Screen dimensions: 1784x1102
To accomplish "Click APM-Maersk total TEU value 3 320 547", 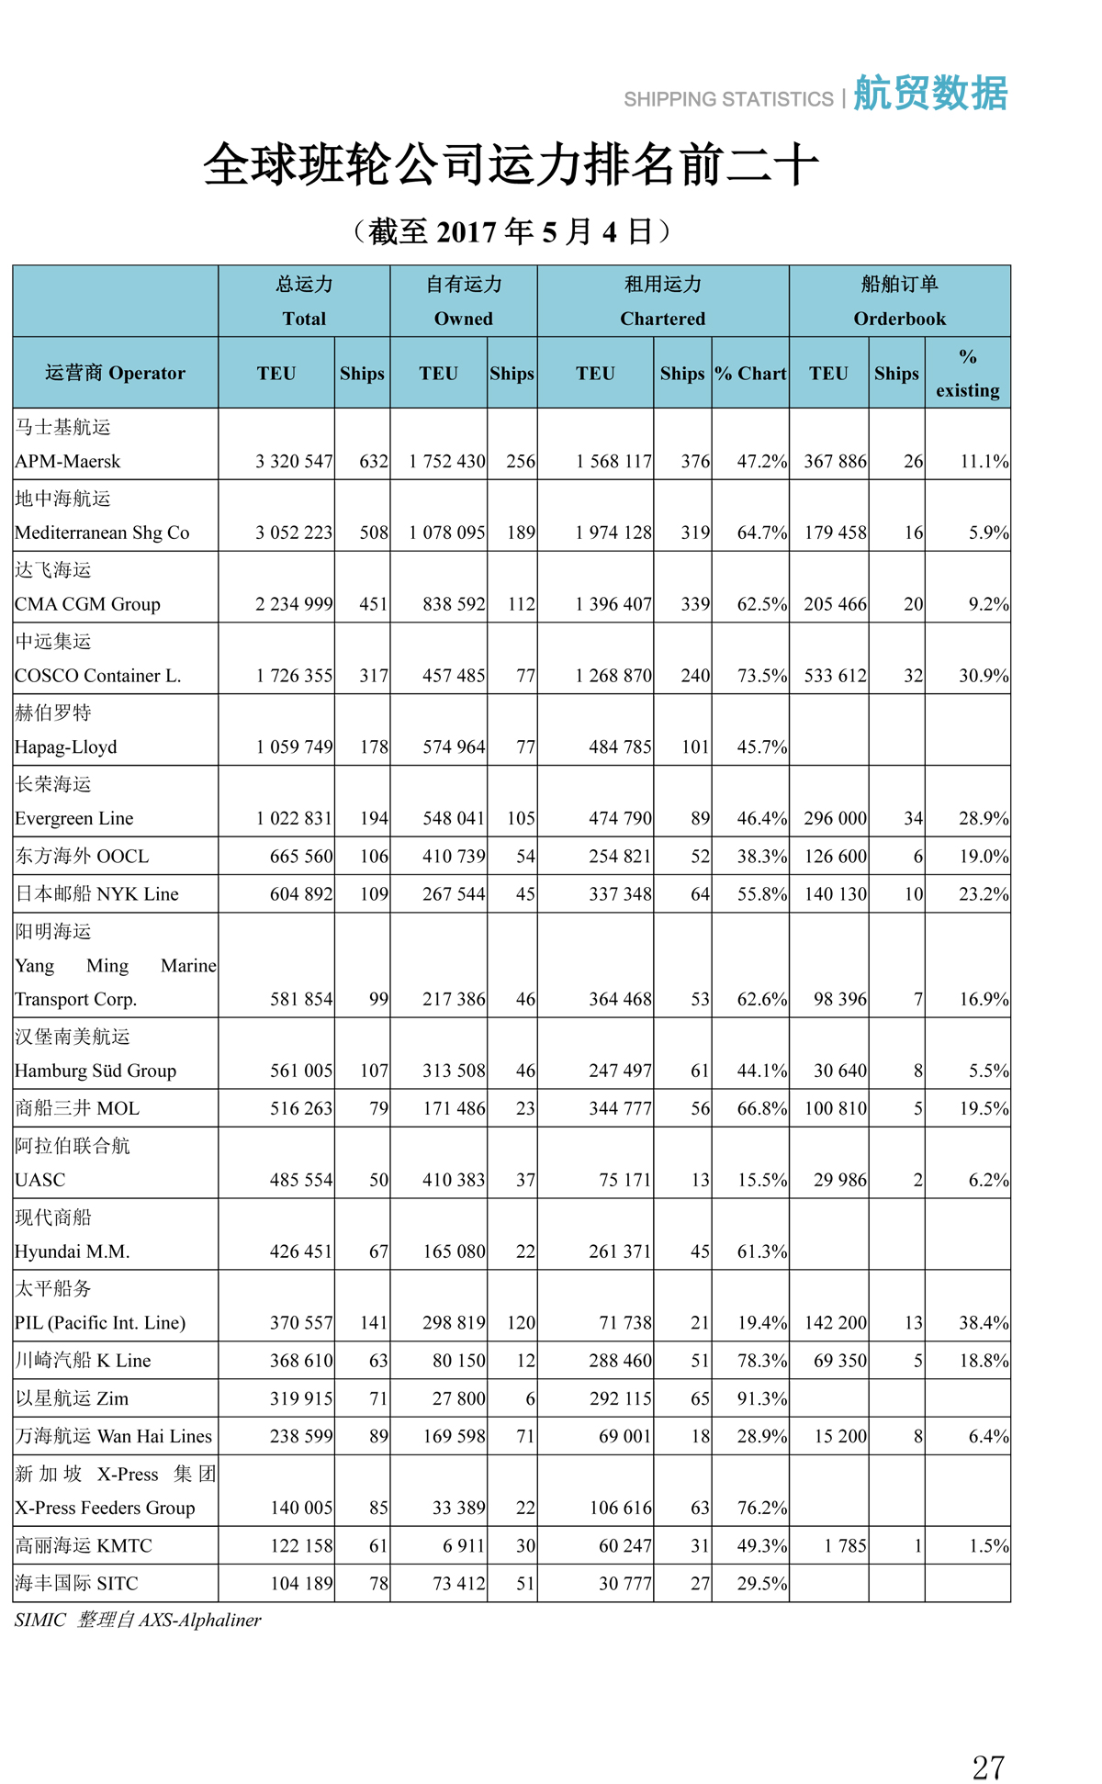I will point(294,461).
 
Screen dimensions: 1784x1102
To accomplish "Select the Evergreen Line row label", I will point(74,818).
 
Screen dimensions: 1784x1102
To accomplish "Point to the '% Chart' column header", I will point(750,374).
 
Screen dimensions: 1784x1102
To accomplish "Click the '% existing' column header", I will point(967,373).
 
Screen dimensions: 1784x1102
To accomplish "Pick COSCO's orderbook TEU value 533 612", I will point(835,676).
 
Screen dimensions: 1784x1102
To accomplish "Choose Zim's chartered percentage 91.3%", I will point(761,1398).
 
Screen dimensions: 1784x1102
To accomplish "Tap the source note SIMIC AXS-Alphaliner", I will point(138,1620).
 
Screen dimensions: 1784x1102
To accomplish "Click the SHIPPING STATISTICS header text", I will point(728,99).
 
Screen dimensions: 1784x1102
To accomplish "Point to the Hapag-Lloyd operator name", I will point(66,746).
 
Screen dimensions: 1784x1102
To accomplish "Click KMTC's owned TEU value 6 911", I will point(463,1545).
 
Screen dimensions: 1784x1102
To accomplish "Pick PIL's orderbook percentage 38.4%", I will point(983,1322).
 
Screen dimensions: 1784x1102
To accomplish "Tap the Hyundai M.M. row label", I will point(73,1251).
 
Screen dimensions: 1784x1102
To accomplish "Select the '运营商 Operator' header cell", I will point(115,373).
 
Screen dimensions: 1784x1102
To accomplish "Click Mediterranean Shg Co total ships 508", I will point(373,533).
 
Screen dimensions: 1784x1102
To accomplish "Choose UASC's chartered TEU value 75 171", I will point(624,1180).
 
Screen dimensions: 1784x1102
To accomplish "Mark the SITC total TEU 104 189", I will point(300,1583).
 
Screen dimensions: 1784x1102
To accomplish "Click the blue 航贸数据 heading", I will point(930,94).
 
